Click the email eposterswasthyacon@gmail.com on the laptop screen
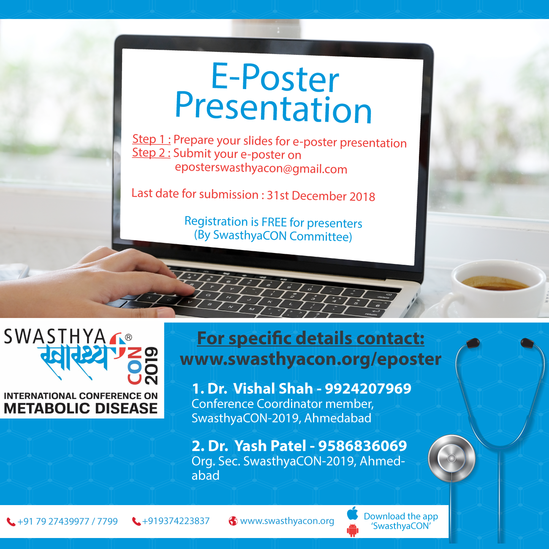pos(261,168)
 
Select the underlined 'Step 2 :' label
pos(151,153)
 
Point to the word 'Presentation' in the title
pos(274,108)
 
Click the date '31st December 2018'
pos(321,196)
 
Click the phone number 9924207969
pos(368,389)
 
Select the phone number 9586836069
pos(362,446)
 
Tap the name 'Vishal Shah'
pos(273,389)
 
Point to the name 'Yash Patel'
pos(270,446)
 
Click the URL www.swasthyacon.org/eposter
pos(311,359)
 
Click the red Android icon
pos(353,530)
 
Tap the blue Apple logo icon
pos(353,513)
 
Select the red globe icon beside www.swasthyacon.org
pos(233,521)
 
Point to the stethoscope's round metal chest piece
pos(451,458)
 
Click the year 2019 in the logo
pos(151,366)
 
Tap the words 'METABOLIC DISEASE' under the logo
pos(81,408)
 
